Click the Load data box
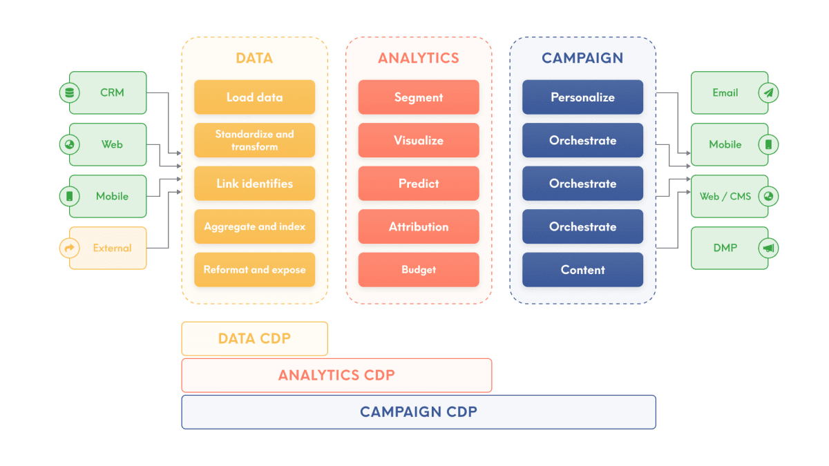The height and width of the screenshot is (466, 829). pyautogui.click(x=254, y=97)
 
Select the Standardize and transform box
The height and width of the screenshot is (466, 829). pyautogui.click(x=254, y=140)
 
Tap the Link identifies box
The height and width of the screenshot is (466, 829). pyautogui.click(x=254, y=184)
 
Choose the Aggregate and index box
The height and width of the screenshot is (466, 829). pyautogui.click(x=254, y=226)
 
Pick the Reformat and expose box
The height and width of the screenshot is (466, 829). pyautogui.click(x=254, y=270)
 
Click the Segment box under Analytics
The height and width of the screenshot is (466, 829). pyautogui.click(x=419, y=97)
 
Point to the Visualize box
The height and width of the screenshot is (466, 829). pyautogui.click(x=419, y=140)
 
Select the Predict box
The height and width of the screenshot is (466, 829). pyautogui.click(x=419, y=184)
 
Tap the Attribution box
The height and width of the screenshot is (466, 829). pyautogui.click(x=419, y=226)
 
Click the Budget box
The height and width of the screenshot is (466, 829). pyautogui.click(x=419, y=270)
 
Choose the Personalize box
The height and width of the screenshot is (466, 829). pyautogui.click(x=582, y=97)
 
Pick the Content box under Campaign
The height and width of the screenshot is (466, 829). pyautogui.click(x=582, y=270)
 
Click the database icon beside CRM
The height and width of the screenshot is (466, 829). pyautogui.click(x=69, y=93)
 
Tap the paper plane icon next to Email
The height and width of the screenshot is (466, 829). pyautogui.click(x=768, y=93)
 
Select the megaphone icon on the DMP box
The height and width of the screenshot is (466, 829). pyautogui.click(x=768, y=248)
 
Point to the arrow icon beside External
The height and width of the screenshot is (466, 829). pyautogui.click(x=69, y=248)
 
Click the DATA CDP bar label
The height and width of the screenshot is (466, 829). pyautogui.click(x=254, y=338)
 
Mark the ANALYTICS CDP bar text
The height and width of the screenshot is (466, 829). pyautogui.click(x=336, y=376)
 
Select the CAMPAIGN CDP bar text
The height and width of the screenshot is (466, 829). pyautogui.click(x=419, y=412)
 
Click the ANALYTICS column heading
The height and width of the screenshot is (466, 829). pyautogui.click(x=419, y=58)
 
